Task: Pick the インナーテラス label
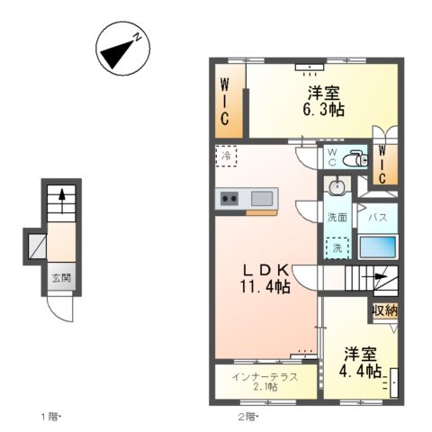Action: pyautogui.click(x=265, y=375)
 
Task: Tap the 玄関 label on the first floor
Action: pyautogui.click(x=60, y=278)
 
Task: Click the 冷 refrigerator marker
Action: pyautogui.click(x=226, y=156)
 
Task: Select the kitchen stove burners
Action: pyautogui.click(x=229, y=199)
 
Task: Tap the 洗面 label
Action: pyautogui.click(x=337, y=217)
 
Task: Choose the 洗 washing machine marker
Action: pyautogui.click(x=337, y=247)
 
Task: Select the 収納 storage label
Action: pyautogui.click(x=384, y=310)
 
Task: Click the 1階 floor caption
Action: pyautogui.click(x=49, y=416)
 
